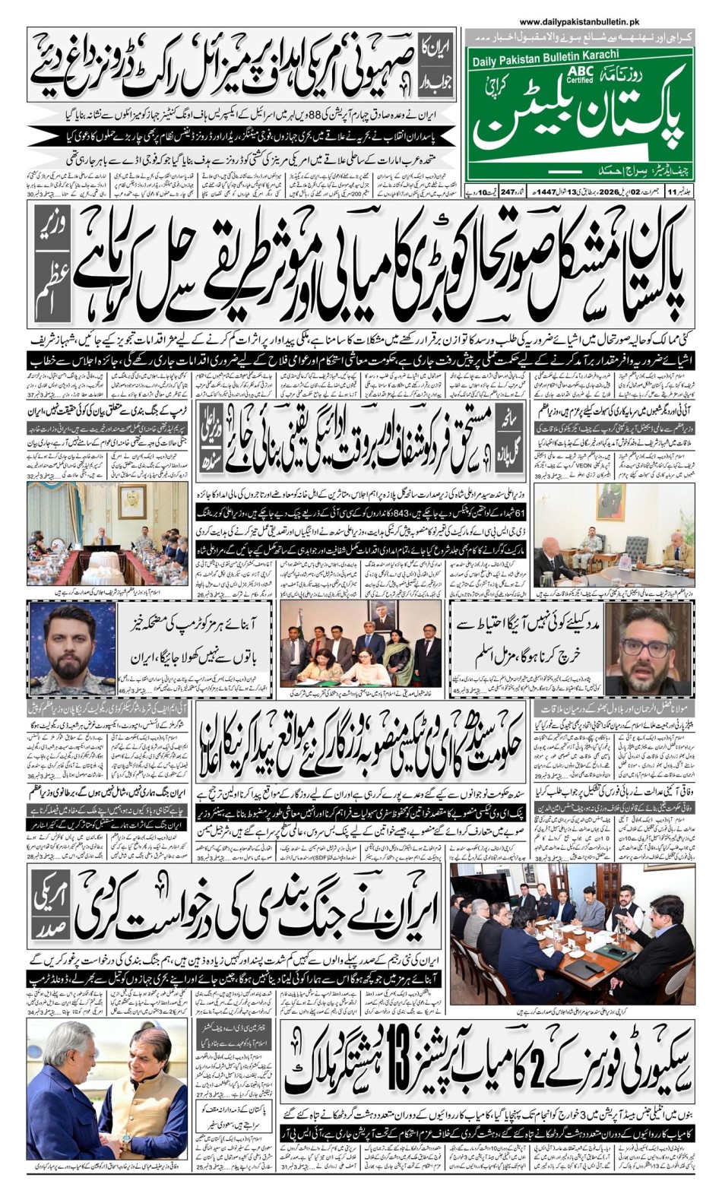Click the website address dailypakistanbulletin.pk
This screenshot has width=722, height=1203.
coord(580,23)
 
